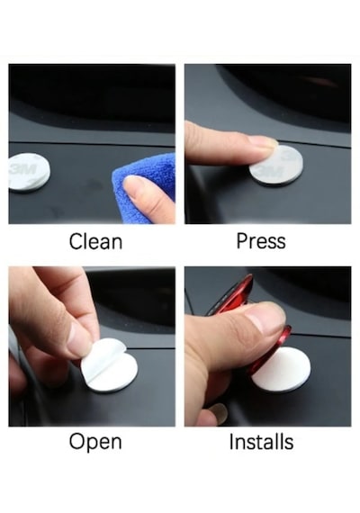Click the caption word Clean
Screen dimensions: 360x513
95,241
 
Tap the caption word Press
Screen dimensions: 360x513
261,241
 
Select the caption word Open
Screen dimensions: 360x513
95,442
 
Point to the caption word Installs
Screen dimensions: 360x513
261,442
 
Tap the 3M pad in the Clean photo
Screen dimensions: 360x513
29,172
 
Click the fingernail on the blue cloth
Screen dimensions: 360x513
135,185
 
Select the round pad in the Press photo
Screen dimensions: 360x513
276,166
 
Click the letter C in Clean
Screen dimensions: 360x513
76,241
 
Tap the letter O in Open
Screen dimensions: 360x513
76,441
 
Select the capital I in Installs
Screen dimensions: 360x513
231,442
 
